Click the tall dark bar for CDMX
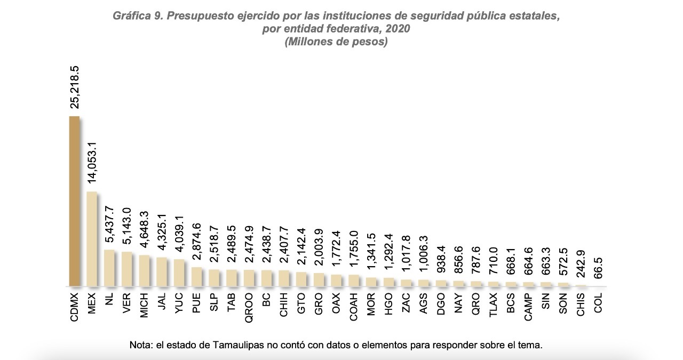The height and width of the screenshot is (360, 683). (74, 201)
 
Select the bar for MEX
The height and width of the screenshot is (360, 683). (92, 238)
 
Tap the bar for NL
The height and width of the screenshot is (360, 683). (109, 268)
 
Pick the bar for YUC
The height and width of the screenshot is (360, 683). (179, 273)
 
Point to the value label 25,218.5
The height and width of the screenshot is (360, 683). (75, 87)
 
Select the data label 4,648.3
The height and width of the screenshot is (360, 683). (144, 229)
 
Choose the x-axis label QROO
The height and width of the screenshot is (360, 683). (249, 306)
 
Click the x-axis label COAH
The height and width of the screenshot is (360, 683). (353, 306)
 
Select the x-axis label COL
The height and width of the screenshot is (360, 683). (598, 302)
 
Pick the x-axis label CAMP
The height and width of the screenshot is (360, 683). (528, 307)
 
